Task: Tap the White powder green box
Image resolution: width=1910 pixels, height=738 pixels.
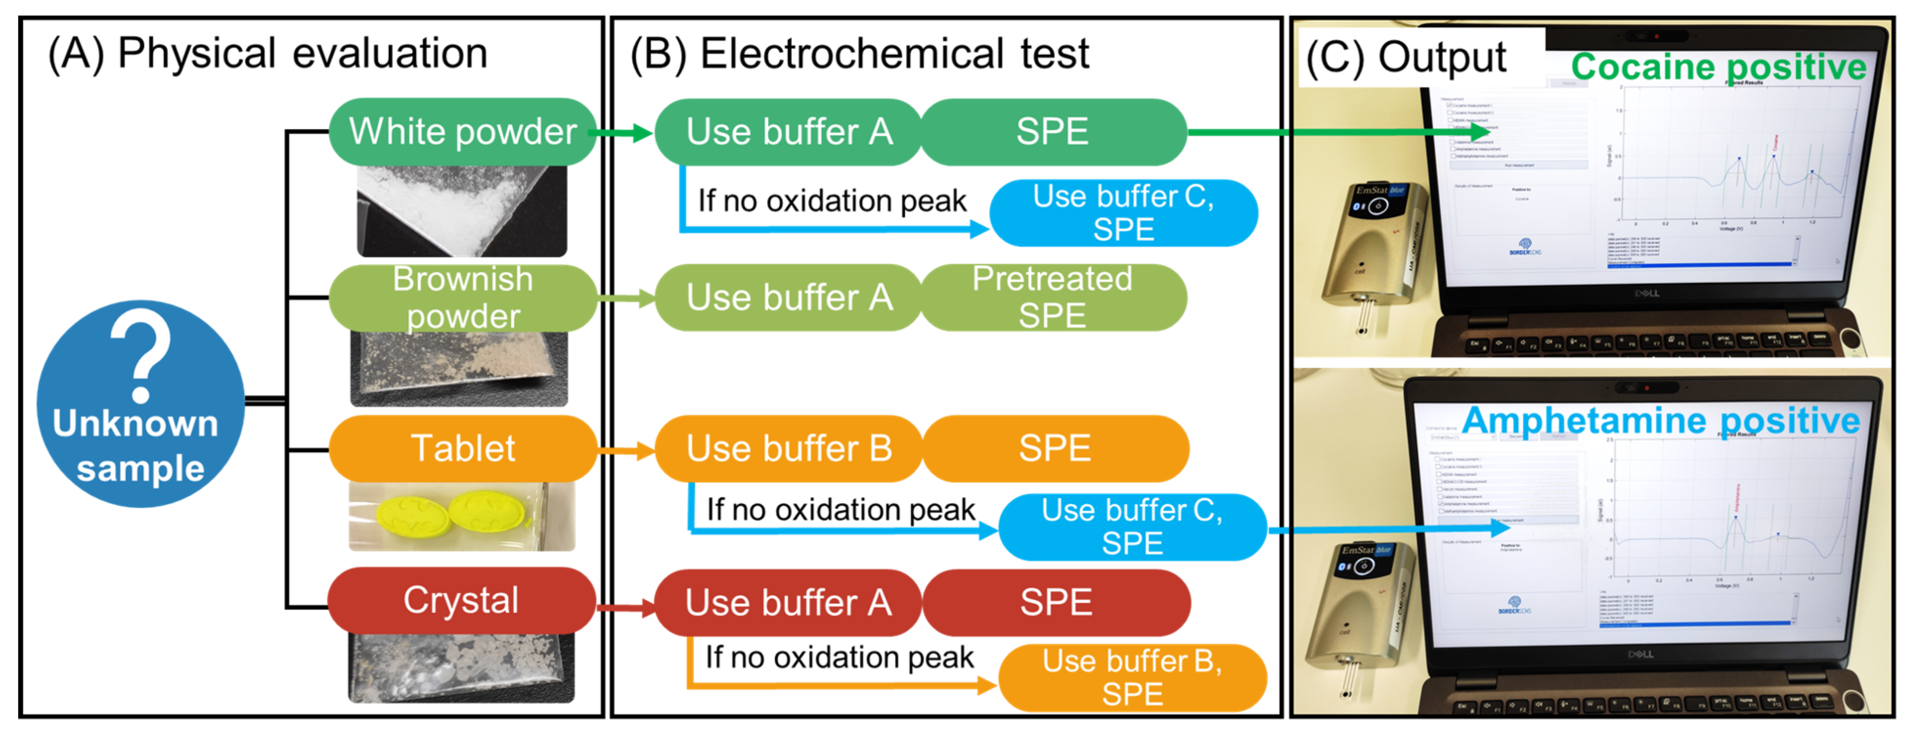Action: tap(462, 132)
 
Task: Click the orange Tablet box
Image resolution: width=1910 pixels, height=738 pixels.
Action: tap(462, 448)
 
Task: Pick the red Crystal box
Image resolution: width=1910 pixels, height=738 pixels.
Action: tap(461, 600)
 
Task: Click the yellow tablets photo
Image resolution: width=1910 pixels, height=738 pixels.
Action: tap(461, 516)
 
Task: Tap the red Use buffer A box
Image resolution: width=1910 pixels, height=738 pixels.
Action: tap(788, 602)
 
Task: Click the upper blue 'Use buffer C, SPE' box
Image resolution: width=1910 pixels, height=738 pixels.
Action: tap(1123, 212)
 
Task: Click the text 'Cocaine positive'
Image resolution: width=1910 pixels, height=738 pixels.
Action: tap(1718, 67)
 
